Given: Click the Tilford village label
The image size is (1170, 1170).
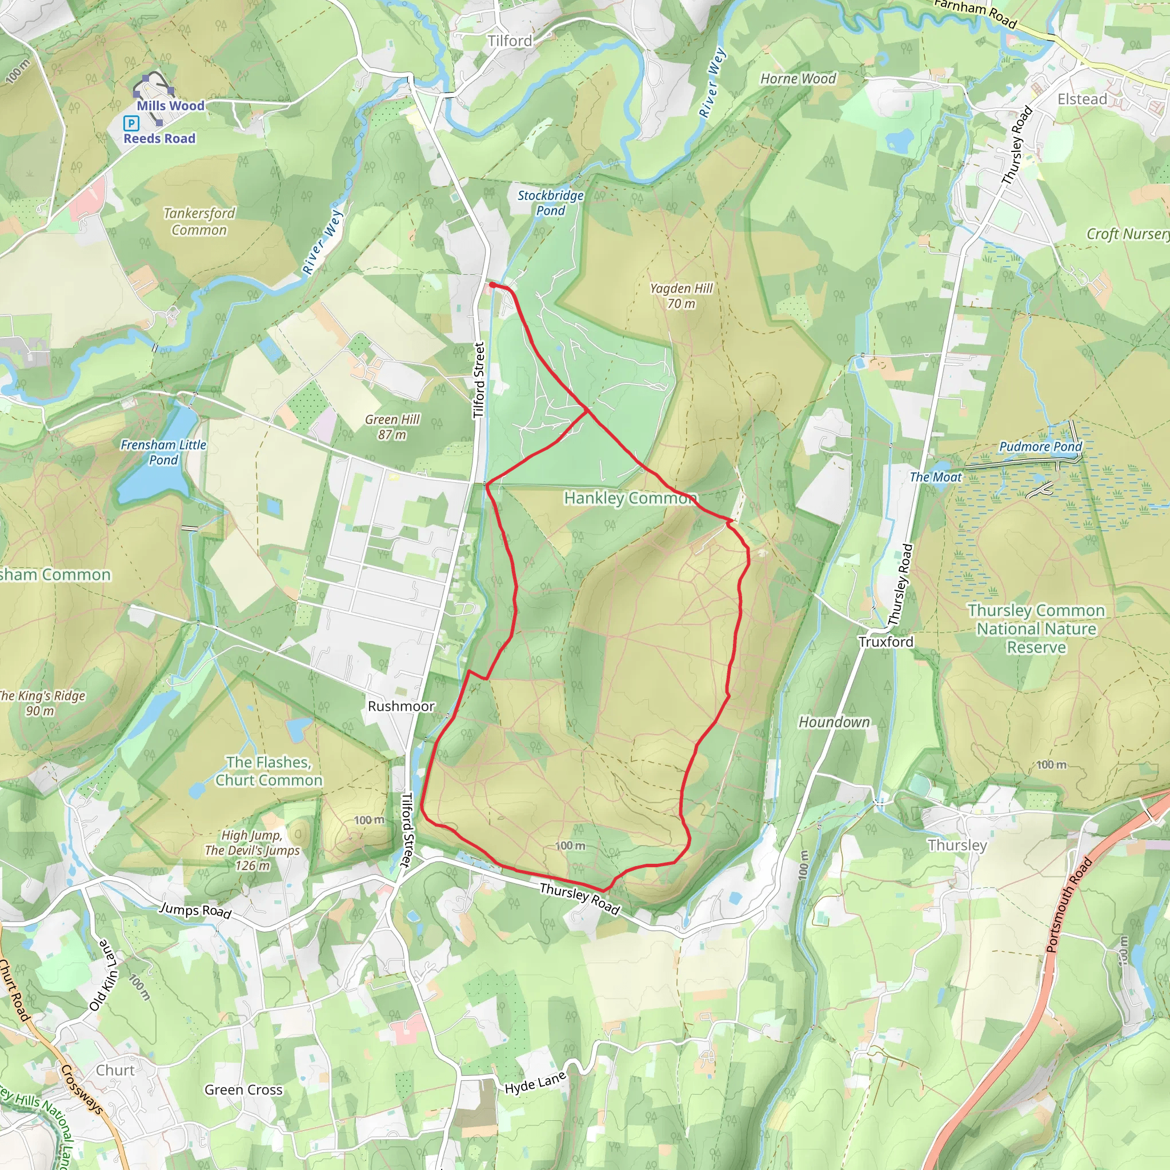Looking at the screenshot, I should click(x=510, y=41).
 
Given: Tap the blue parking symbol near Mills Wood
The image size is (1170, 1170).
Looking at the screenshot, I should click(x=131, y=123).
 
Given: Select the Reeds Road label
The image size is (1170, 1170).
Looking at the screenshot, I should click(x=159, y=139).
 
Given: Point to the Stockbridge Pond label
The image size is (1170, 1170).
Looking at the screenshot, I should click(x=551, y=203).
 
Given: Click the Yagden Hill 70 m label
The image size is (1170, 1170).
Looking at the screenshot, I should click(x=682, y=296).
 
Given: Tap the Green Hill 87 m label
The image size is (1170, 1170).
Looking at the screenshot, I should click(x=392, y=427).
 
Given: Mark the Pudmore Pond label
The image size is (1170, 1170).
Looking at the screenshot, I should click(x=1040, y=447).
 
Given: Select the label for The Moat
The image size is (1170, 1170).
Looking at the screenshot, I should click(x=936, y=477).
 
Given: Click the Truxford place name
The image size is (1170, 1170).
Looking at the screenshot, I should click(x=886, y=642).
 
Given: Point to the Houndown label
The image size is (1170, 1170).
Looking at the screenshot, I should click(x=834, y=722).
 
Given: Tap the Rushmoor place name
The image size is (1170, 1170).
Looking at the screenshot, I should click(x=401, y=706).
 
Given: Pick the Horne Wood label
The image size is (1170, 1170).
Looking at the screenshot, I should click(x=798, y=79).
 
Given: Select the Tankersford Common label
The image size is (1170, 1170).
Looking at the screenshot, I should click(x=199, y=222).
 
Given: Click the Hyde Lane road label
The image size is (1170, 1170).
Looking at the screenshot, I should click(x=535, y=1082).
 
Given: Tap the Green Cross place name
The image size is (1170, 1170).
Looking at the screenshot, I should click(x=243, y=1089).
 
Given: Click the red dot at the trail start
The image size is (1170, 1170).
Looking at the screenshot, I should click(x=492, y=285).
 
